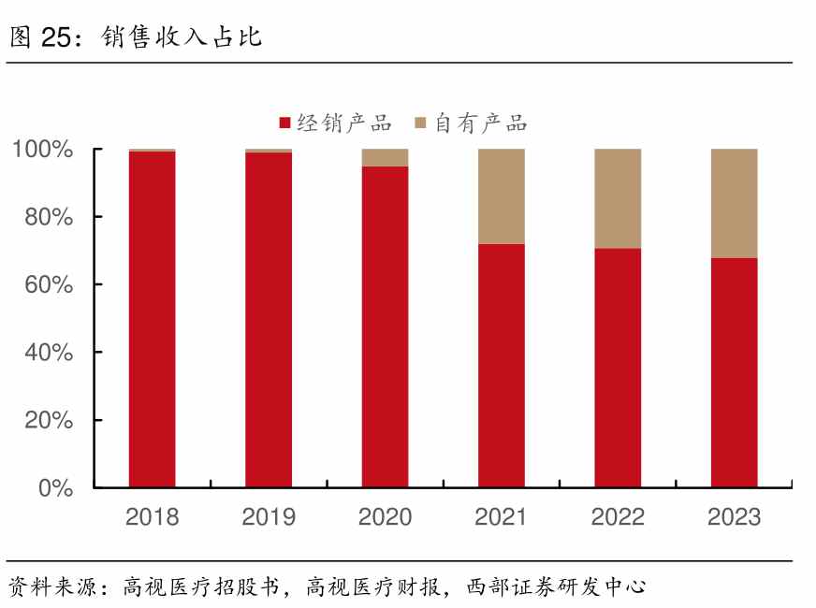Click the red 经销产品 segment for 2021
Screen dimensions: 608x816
click(501, 365)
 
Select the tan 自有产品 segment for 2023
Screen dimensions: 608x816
click(734, 203)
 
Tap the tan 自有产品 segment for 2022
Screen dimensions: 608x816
click(618, 198)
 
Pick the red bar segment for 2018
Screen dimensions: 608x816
click(152, 318)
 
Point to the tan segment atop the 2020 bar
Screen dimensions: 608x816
click(385, 157)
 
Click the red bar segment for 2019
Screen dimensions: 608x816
click(269, 319)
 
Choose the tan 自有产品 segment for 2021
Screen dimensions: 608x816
click(501, 196)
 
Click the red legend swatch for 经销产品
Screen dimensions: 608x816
click(285, 123)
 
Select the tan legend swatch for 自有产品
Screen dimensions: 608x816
click(421, 123)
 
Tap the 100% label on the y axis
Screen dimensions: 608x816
click(43, 150)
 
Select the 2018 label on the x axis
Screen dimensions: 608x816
click(152, 516)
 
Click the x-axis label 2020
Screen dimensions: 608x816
click(385, 516)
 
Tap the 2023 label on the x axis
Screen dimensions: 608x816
click(734, 516)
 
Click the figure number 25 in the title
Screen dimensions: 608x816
click(58, 36)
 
